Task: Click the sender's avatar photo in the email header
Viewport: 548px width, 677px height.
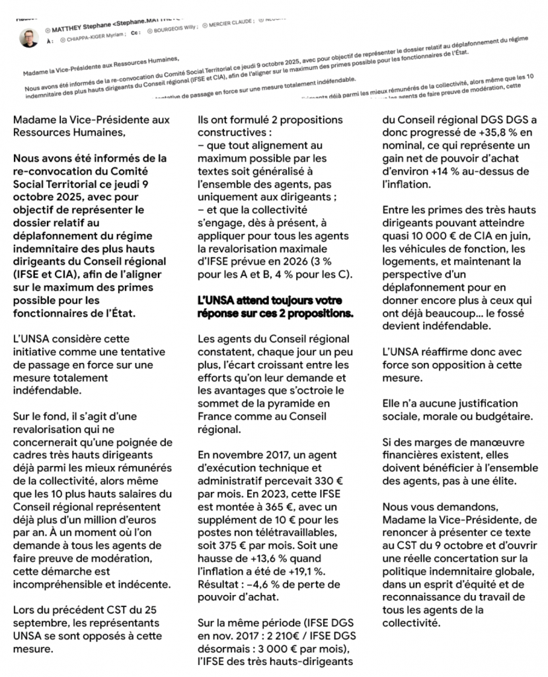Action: [x=29, y=38]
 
